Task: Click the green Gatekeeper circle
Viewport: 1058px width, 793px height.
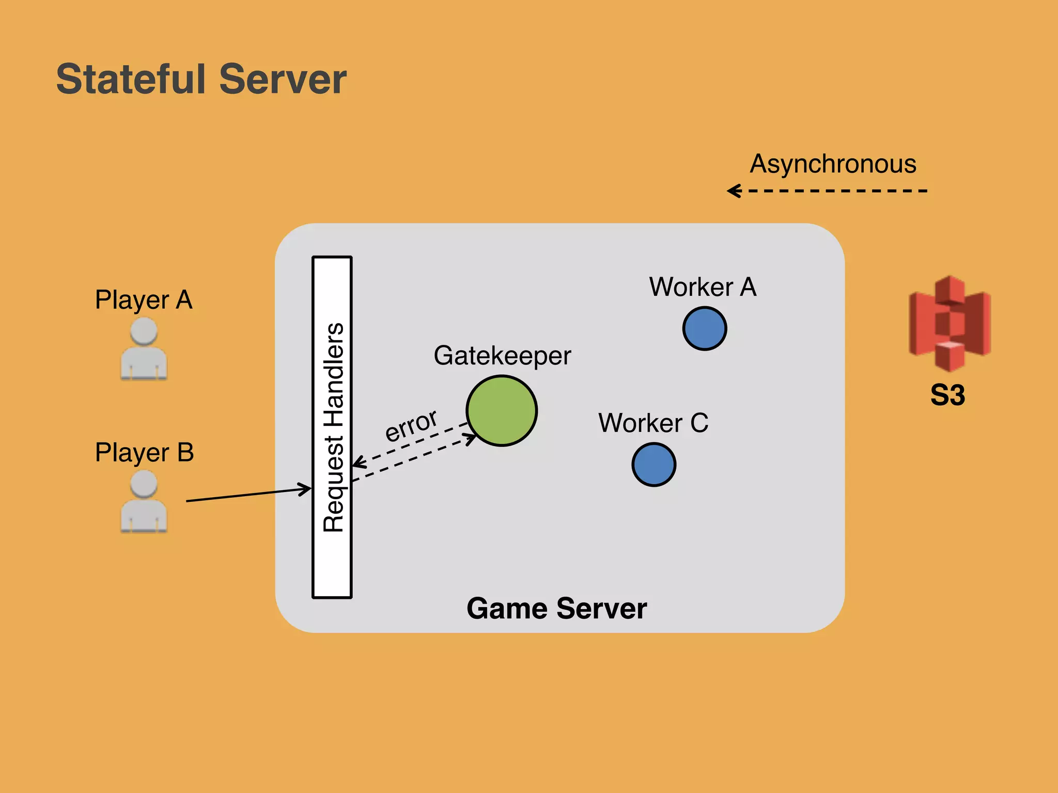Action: click(501, 411)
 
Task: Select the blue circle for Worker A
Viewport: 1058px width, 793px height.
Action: click(705, 328)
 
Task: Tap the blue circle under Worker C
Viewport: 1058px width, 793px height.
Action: click(654, 464)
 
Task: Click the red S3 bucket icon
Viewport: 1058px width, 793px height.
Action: click(950, 323)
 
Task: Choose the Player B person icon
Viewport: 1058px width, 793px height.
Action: click(144, 502)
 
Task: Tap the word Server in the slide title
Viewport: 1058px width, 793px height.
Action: click(283, 79)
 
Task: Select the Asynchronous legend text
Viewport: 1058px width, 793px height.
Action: click(833, 164)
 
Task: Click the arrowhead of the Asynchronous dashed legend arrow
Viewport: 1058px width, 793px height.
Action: click(733, 191)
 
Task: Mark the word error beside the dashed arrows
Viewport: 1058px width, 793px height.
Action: click(411, 425)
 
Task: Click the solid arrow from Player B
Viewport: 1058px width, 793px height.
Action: click(248, 494)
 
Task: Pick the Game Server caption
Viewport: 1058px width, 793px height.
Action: click(556, 608)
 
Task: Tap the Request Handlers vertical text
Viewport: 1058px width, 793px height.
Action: click(333, 427)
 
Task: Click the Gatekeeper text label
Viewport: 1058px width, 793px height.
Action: click(502, 356)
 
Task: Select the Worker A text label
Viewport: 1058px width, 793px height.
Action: click(703, 287)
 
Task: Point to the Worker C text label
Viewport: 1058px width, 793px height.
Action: click(653, 423)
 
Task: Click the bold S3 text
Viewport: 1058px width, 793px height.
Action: click(947, 395)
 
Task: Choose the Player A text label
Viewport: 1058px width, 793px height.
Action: click(144, 300)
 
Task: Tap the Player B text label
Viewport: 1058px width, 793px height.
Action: click(144, 453)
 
